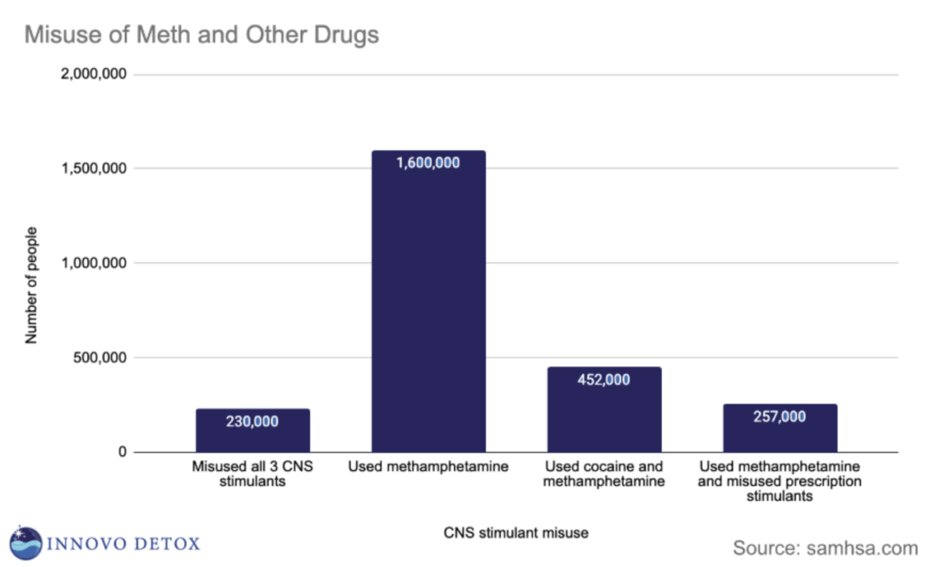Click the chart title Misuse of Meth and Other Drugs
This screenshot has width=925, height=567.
pyautogui.click(x=201, y=34)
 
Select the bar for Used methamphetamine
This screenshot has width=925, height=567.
pyautogui.click(x=428, y=301)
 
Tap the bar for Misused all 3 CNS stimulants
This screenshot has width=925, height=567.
pyautogui.click(x=252, y=437)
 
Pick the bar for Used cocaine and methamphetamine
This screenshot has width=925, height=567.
pyautogui.click(x=604, y=416)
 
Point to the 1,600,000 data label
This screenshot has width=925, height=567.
pyautogui.click(x=428, y=163)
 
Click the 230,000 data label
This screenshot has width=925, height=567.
pyautogui.click(x=252, y=421)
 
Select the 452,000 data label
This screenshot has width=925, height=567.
pyautogui.click(x=604, y=380)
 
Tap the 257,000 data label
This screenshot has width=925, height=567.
pyautogui.click(x=779, y=416)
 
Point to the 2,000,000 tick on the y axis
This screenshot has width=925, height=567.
pyautogui.click(x=93, y=74)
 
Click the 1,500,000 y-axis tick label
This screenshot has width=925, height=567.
pyautogui.click(x=93, y=168)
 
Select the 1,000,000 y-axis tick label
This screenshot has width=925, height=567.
pyautogui.click(x=93, y=263)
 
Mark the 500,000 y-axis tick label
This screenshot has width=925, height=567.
pyautogui.click(x=99, y=357)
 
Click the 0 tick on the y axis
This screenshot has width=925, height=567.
pyautogui.click(x=122, y=452)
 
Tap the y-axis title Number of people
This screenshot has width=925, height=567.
pyautogui.click(x=31, y=285)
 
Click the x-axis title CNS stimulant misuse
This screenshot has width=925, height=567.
pyautogui.click(x=515, y=533)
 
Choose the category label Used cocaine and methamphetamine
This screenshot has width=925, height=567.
pyautogui.click(x=604, y=474)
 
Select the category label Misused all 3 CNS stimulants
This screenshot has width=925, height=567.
pyautogui.click(x=252, y=474)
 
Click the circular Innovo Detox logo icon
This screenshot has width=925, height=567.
pyautogui.click(x=25, y=543)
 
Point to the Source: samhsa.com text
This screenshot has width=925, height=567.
pyautogui.click(x=824, y=548)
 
